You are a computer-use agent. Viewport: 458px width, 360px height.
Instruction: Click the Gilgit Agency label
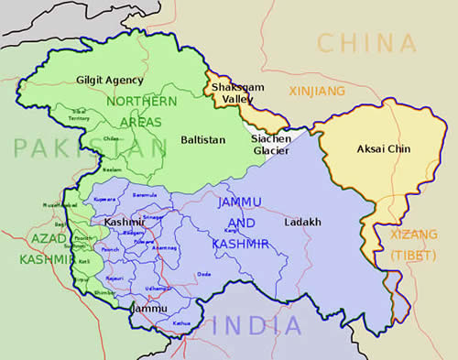click(x=110, y=80)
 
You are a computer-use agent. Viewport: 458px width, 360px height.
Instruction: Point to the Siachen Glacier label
click(x=271, y=145)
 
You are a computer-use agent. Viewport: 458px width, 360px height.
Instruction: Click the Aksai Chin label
click(x=383, y=148)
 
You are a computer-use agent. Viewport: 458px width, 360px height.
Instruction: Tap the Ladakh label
click(x=302, y=223)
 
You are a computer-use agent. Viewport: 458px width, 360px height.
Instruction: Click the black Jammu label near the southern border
click(x=148, y=309)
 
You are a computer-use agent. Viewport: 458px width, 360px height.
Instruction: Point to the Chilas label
click(x=113, y=139)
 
